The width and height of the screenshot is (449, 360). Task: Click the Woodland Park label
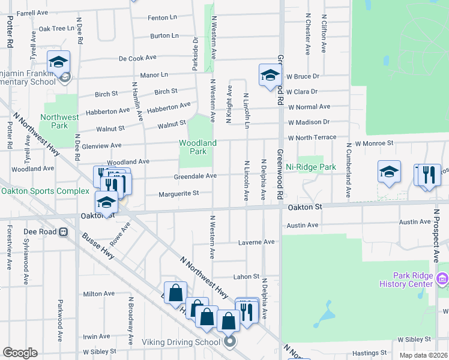197,147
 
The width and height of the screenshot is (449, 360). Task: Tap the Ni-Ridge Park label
310,167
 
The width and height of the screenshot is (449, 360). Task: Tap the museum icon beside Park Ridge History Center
443,278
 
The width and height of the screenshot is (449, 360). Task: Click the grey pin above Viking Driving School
230,343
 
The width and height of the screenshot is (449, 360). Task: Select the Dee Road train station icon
63,232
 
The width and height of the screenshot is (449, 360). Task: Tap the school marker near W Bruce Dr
270,75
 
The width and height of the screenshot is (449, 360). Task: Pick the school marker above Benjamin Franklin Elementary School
59,62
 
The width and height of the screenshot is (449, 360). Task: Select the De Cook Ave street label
137,58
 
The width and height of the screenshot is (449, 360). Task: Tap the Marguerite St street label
178,194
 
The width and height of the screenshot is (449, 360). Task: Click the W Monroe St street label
373,144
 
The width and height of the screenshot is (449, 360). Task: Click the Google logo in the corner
20,353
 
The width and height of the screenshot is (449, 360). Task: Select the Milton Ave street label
98,293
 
